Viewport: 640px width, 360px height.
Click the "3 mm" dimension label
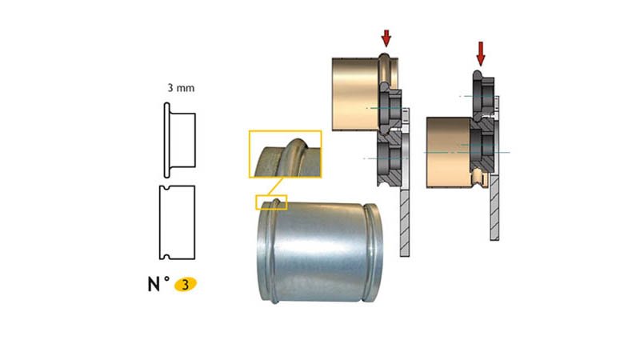click(x=181, y=88)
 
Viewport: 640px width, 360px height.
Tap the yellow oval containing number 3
click(x=186, y=285)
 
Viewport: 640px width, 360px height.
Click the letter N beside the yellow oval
click(x=154, y=285)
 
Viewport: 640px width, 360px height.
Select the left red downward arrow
click(x=386, y=38)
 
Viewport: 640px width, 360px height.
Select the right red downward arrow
click(x=481, y=54)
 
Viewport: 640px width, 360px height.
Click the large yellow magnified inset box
click(x=286, y=154)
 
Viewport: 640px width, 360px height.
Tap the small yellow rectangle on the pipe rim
click(x=271, y=202)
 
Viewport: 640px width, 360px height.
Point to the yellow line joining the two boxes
click(x=274, y=186)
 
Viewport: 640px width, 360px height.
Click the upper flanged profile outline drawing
click(x=179, y=140)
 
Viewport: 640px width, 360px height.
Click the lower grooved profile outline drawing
click(x=177, y=222)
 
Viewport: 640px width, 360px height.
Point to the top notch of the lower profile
click(x=166, y=188)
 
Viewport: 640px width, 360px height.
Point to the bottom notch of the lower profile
click(x=166, y=257)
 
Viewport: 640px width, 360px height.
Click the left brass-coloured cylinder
click(x=356, y=94)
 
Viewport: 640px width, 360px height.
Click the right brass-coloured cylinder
click(x=449, y=153)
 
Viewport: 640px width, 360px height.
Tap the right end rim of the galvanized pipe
click(x=373, y=252)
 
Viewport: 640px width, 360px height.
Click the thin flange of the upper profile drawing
click(x=166, y=140)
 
